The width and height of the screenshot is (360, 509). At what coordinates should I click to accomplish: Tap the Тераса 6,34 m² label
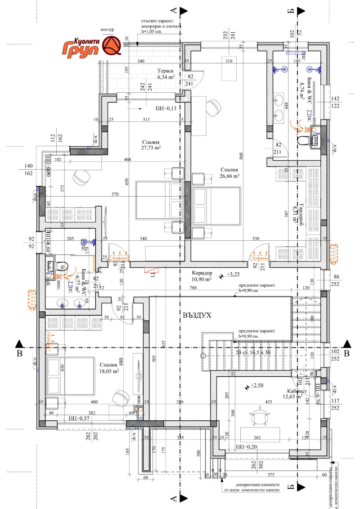(x=168, y=74)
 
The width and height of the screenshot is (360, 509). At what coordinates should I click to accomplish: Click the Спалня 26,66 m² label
(x=229, y=173)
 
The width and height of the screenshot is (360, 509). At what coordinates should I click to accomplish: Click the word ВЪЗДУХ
(x=197, y=315)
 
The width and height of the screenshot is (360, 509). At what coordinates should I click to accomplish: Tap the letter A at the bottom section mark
(x=172, y=498)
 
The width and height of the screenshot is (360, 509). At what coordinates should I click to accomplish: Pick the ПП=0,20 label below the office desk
(x=247, y=447)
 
